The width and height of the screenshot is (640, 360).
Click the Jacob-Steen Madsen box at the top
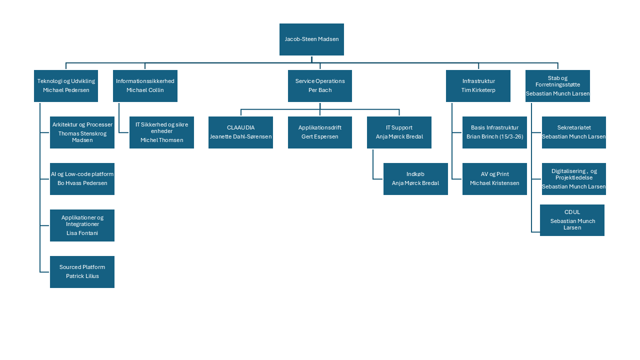click(x=311, y=39)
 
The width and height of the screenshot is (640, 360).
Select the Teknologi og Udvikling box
click(x=66, y=86)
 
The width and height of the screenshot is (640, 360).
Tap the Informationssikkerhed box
click(x=145, y=86)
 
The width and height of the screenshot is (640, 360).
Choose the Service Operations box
click(x=320, y=86)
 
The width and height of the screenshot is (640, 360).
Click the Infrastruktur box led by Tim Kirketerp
click(x=478, y=86)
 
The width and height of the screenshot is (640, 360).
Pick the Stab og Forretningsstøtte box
click(x=557, y=86)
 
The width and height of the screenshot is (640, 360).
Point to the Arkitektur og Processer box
click(x=82, y=132)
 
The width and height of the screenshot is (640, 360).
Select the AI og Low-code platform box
click(x=82, y=179)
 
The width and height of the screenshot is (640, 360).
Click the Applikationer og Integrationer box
click(x=82, y=225)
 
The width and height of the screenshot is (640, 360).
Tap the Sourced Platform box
click(x=82, y=272)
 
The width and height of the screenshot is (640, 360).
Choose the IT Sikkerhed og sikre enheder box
click(x=161, y=132)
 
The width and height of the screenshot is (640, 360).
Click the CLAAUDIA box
click(x=240, y=132)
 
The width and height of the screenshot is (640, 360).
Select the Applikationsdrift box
click(x=320, y=132)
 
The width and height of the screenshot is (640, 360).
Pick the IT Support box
click(x=399, y=132)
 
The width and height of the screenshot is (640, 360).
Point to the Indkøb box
click(x=415, y=179)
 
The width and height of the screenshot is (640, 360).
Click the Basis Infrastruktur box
click(x=494, y=132)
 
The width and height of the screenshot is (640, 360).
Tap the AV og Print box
click(x=494, y=179)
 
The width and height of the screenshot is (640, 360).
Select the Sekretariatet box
click(x=573, y=132)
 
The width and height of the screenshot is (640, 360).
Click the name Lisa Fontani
click(x=82, y=233)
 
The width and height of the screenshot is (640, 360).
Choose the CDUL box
click(x=572, y=220)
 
